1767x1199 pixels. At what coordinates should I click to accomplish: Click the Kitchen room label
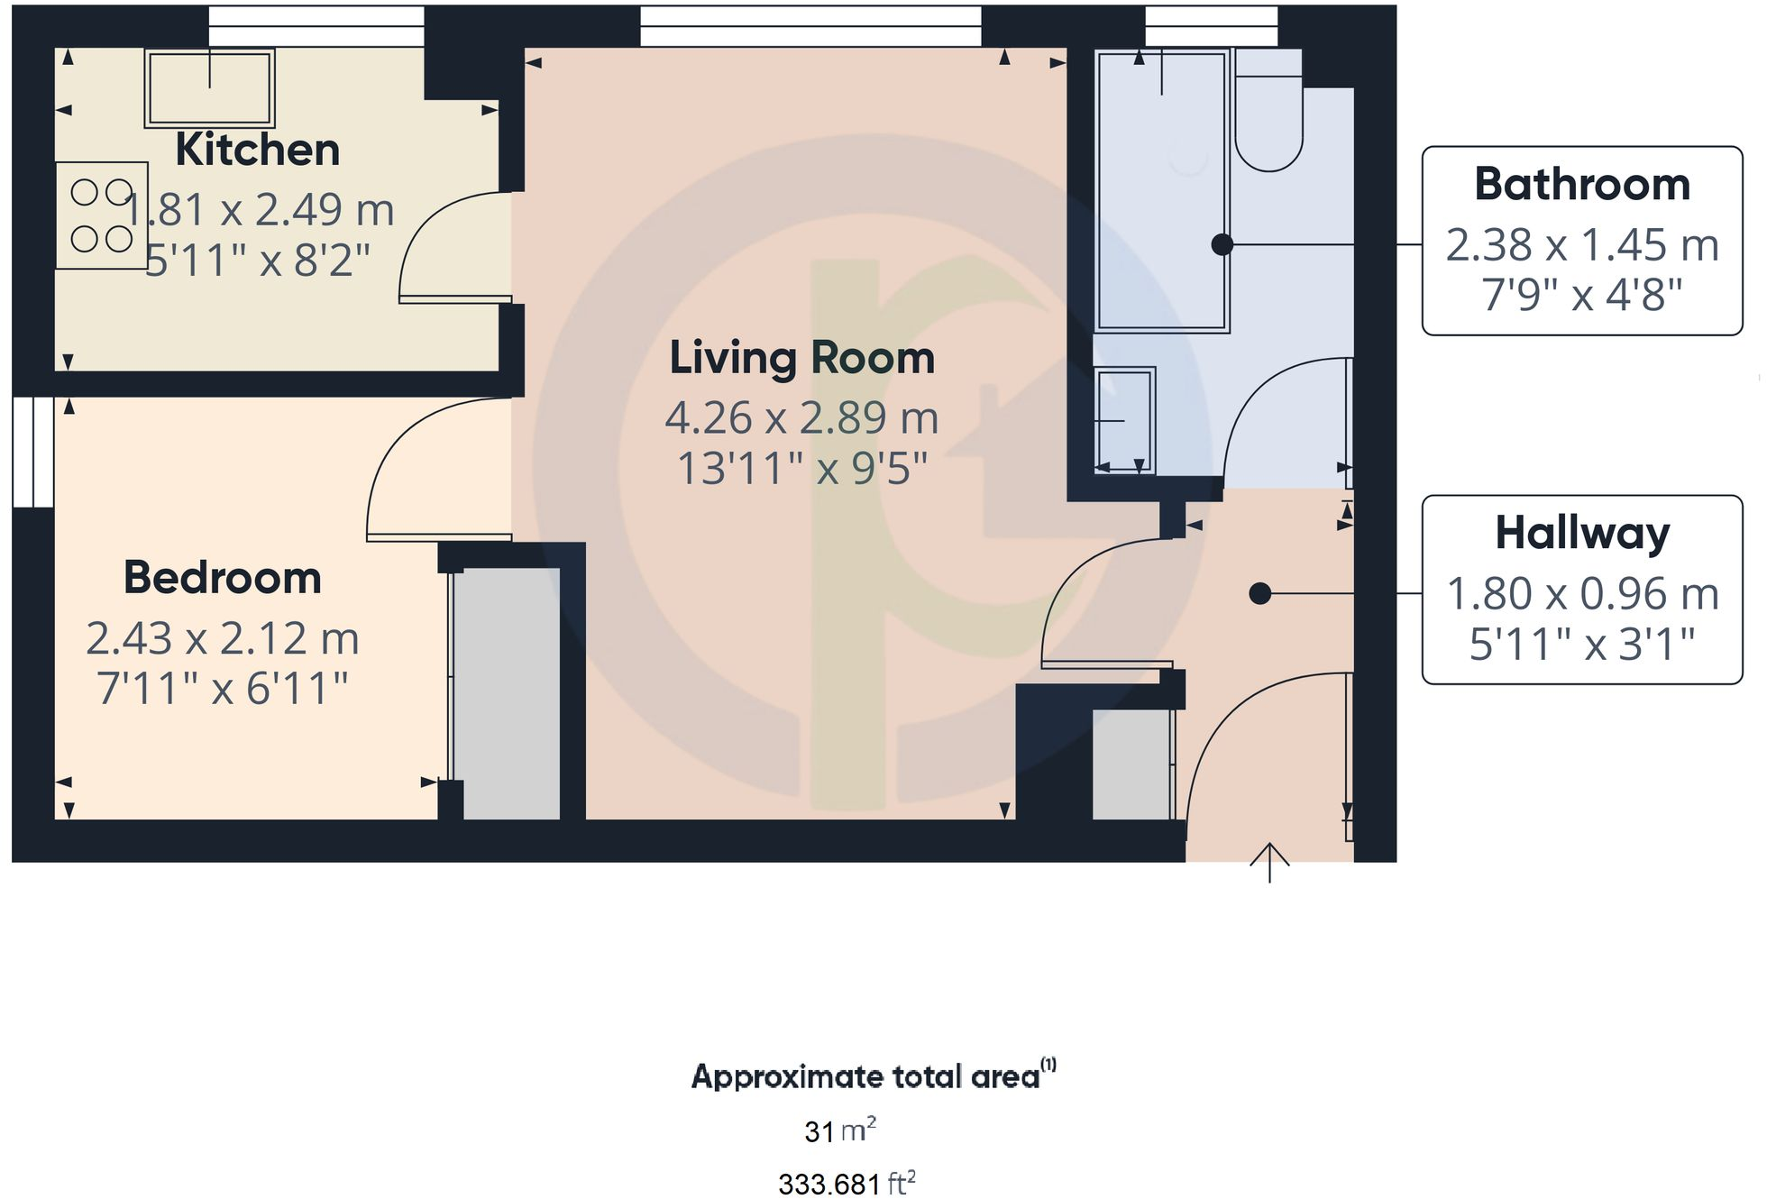pos(257,150)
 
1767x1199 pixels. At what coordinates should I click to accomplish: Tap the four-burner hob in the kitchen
pos(101,215)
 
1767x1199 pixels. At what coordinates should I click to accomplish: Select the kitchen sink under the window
pos(209,87)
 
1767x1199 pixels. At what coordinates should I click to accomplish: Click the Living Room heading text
pos(801,358)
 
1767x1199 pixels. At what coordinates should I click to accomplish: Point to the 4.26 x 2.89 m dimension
pos(801,418)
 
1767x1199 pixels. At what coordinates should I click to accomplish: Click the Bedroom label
pos(222,578)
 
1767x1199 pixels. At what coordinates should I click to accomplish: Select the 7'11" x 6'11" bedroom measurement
pos(222,689)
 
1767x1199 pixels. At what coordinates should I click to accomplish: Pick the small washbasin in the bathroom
pos(1123,420)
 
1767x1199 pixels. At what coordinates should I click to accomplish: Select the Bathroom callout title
pos(1581,185)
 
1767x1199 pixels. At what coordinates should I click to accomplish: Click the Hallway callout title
pos(1581,533)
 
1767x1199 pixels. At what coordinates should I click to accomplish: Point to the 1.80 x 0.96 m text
pos(1581,594)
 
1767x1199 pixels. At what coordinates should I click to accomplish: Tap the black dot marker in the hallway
pos(1259,593)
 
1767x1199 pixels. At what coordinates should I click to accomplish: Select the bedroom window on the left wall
pos(33,452)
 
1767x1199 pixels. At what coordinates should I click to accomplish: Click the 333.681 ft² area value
pos(846,1183)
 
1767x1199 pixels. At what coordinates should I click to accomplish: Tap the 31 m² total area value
pos(839,1130)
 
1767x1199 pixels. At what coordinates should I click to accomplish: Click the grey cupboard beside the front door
pos(1131,764)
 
